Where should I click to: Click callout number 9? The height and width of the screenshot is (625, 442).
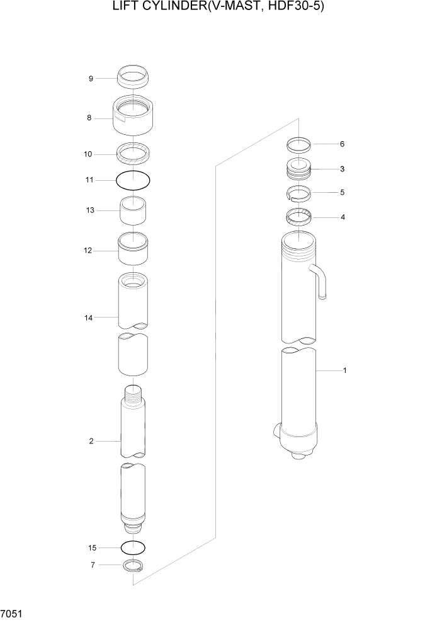(x=91, y=79)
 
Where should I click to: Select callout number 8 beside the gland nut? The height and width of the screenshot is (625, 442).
(x=89, y=118)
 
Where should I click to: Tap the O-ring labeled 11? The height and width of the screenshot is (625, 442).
(x=133, y=180)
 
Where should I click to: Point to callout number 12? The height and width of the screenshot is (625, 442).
(x=89, y=250)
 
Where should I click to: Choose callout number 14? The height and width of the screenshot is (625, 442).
(x=89, y=318)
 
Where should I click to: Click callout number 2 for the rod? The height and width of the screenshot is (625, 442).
(x=91, y=441)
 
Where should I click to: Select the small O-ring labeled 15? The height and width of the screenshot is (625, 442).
(x=133, y=546)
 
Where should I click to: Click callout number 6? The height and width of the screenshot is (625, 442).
(x=342, y=144)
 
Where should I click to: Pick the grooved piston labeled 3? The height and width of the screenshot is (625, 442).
(x=299, y=169)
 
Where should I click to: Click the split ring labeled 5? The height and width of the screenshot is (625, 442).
(x=299, y=192)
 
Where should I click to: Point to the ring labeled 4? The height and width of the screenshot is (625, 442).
(x=299, y=218)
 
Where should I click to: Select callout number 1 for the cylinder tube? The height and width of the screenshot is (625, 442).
(x=344, y=370)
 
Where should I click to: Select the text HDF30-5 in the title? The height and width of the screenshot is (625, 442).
(x=295, y=8)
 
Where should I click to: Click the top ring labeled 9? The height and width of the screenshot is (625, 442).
(x=133, y=77)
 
